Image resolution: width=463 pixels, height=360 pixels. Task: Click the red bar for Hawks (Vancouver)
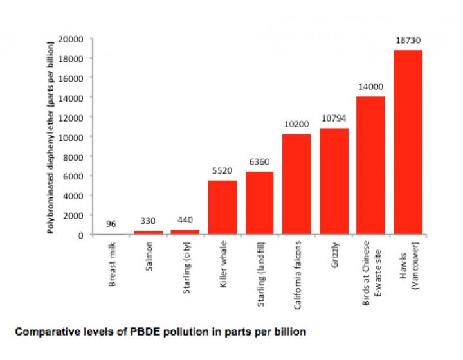[x=408, y=142]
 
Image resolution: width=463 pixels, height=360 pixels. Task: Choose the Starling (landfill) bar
[x=260, y=203]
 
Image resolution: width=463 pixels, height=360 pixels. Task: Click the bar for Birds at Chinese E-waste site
[x=370, y=165]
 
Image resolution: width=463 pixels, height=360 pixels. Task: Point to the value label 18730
[x=408, y=40]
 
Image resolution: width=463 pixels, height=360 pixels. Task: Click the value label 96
[x=112, y=224]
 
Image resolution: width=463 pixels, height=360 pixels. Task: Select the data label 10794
[x=333, y=119]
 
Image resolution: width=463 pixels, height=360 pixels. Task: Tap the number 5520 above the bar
[x=222, y=171]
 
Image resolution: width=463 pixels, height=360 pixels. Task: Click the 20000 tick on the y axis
[x=71, y=39]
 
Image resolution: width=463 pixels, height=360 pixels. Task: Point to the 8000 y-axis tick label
[x=73, y=156]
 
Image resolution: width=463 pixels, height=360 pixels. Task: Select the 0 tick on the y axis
[x=80, y=235]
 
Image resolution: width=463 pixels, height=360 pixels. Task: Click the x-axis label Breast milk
[x=113, y=264]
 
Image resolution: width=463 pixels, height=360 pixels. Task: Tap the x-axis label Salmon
[x=149, y=257]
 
